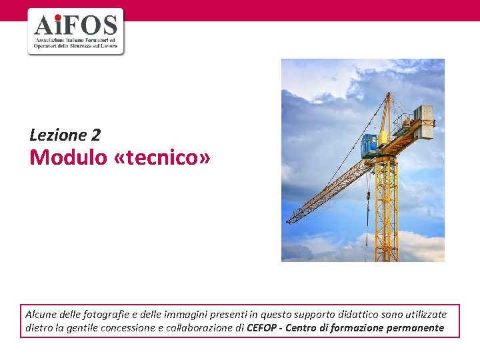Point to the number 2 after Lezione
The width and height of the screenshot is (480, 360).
tap(95, 135)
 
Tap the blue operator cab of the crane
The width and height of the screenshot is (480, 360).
tap(369, 145)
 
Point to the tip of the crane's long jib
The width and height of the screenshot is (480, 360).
tap(289, 221)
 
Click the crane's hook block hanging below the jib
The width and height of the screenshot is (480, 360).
tap(367, 196)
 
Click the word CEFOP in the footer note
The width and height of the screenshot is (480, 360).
tap(263, 327)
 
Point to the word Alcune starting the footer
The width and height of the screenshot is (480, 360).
tap(41, 314)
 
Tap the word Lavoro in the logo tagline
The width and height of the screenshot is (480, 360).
tap(109, 46)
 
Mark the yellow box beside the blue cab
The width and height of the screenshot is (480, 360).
tap(383, 139)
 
